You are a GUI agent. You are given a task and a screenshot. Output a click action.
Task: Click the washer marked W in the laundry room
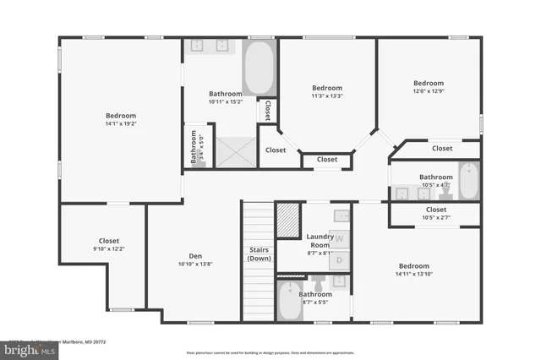click(339, 239)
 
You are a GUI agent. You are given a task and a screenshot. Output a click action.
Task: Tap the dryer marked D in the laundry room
click(339, 259)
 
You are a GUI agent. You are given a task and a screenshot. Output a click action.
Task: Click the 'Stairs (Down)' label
click(259, 254)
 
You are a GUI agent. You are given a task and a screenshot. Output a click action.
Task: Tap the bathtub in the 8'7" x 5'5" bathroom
click(287, 303)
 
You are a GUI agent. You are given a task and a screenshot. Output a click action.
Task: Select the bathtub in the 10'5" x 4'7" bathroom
click(467, 179)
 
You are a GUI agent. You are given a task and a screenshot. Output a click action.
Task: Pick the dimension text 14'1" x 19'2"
click(121, 124)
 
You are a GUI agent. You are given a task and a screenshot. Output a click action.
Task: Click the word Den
click(194, 256)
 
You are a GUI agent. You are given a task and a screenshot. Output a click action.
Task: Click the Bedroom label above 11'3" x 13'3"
click(326, 88)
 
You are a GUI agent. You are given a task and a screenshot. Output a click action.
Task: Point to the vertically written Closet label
click(267, 111)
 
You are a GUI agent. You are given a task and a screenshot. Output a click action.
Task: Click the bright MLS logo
click(25, 346)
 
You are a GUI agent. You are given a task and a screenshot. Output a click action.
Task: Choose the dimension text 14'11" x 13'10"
click(414, 274)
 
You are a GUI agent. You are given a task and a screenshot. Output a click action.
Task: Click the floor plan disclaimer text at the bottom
click(270, 352)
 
